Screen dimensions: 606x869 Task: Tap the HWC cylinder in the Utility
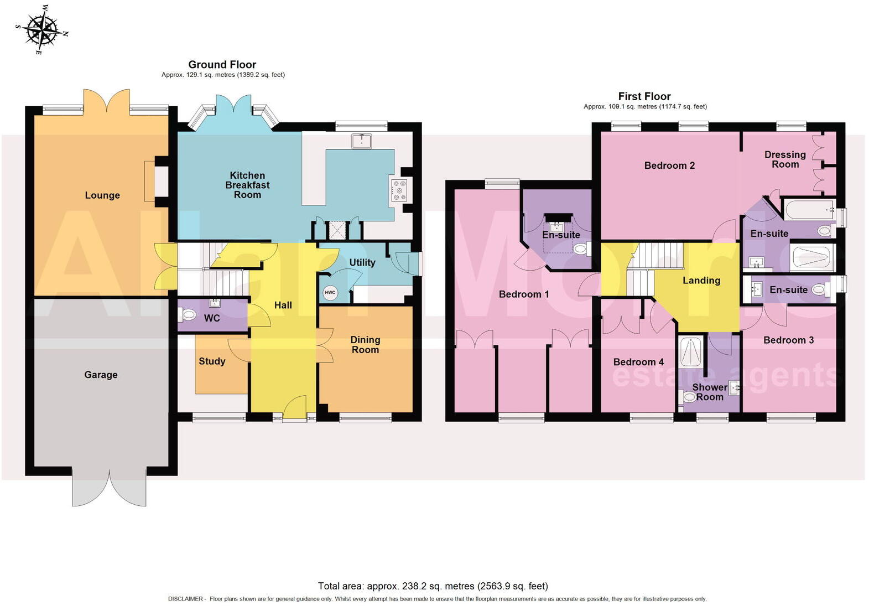point(330,292)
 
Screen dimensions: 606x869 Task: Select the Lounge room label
point(102,195)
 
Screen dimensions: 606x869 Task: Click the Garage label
point(101,375)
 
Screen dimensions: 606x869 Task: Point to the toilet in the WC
point(188,315)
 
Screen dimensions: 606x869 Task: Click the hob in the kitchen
point(399,190)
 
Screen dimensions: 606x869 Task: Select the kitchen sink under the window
point(362,141)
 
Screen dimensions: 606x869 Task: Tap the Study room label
point(212,361)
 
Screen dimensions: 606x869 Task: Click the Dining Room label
point(365,344)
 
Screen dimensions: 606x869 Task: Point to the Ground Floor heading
point(222,64)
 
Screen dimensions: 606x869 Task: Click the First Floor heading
point(644,96)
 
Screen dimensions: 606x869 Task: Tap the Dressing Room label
point(785,159)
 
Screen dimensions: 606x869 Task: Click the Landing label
point(701,281)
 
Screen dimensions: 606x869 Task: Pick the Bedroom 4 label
point(638,362)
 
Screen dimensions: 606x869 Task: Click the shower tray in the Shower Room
point(691,353)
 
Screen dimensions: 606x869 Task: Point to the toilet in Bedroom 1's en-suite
point(581,249)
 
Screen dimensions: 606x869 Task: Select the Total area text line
point(433,586)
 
